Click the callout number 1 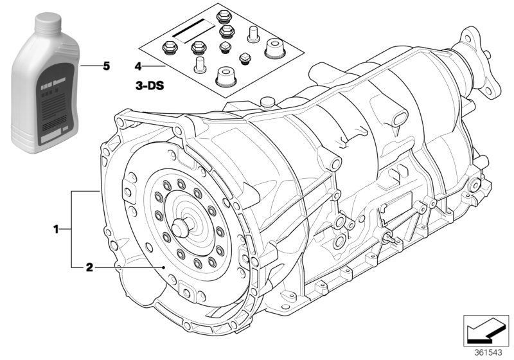pos(57,228)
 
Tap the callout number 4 pos(137,66)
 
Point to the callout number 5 pos(107,66)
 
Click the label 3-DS pos(148,84)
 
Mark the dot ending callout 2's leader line pos(165,266)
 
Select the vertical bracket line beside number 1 pos(72,228)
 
